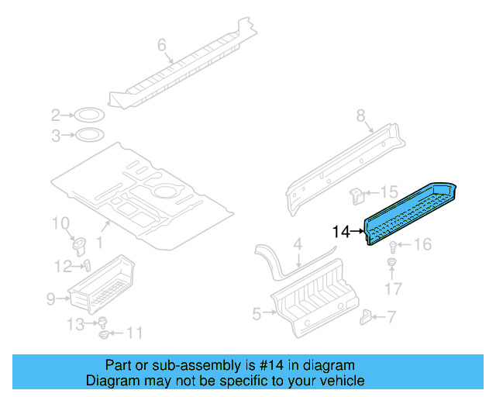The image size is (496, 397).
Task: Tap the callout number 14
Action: click(x=341, y=231)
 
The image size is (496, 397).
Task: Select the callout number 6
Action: click(x=162, y=46)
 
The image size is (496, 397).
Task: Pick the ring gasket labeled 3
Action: click(x=89, y=136)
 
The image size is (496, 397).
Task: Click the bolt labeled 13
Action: click(x=101, y=323)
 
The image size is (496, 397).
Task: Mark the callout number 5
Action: click(x=257, y=313)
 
